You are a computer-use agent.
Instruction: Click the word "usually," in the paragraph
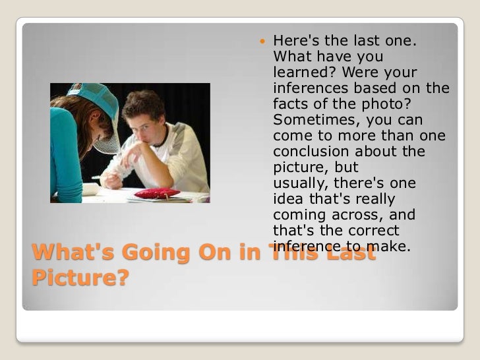301,183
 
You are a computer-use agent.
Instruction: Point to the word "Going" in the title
145,253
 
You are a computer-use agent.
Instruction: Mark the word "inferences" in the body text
309,88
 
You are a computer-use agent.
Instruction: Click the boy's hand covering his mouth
135,156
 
